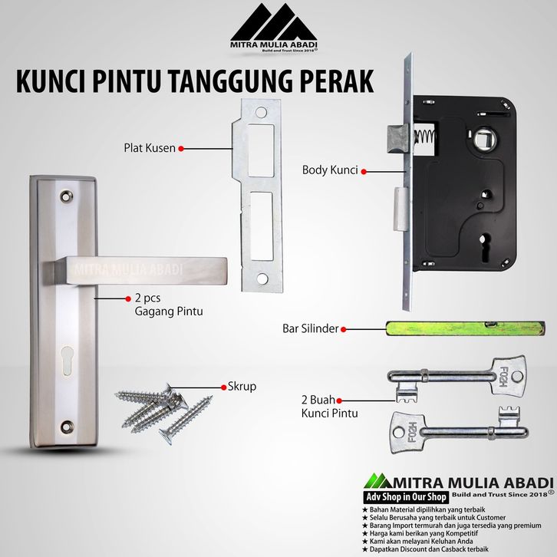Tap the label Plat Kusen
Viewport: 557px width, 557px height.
[150, 148]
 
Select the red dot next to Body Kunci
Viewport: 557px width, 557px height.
[364, 172]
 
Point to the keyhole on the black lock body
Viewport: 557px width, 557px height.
[483, 243]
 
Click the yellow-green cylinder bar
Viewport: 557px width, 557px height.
[466, 328]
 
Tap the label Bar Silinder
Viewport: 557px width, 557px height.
[311, 328]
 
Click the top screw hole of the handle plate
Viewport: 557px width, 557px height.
[67, 196]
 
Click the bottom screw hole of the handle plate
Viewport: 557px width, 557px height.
[67, 427]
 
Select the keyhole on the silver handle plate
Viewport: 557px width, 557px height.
[68, 360]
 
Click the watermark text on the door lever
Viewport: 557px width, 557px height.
[129, 269]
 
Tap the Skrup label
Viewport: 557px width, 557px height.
[242, 386]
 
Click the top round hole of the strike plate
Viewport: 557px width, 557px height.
[261, 113]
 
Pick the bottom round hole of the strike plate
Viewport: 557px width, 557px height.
[262, 278]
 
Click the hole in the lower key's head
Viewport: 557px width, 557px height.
[398, 432]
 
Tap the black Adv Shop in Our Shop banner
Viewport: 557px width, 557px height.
[407, 497]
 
